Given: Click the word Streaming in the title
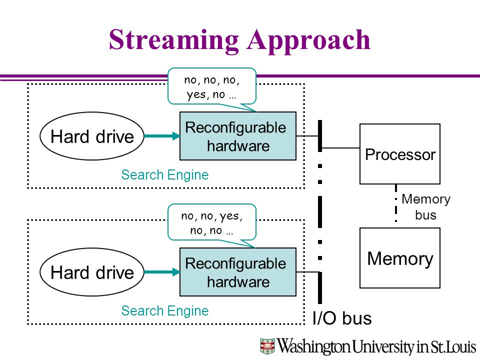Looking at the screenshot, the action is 174,40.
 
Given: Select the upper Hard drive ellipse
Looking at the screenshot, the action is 92,136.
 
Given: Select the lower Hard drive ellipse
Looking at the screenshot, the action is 92,272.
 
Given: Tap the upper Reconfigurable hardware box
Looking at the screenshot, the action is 238,136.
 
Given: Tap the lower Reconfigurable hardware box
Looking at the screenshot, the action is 238,272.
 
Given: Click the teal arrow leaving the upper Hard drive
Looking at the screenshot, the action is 162,136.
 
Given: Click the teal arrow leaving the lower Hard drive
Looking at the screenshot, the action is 162,272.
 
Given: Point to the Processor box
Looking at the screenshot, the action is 400,153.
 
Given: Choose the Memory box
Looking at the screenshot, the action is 400,258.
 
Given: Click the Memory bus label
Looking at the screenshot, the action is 426,207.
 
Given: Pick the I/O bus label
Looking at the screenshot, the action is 342,318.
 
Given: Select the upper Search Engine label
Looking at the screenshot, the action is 164,175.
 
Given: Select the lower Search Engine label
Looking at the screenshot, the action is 164,310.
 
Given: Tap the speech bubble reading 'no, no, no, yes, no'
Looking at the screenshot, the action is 212,87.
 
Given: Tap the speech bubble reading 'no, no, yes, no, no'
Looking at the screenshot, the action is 212,223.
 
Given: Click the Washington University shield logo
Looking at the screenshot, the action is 267,346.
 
